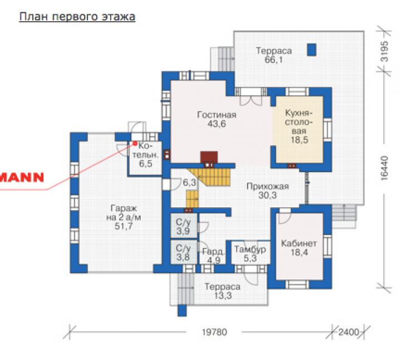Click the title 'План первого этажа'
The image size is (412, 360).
(77, 17)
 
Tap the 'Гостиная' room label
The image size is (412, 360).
(217, 115)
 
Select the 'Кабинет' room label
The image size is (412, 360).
(299, 243)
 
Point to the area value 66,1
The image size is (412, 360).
(274, 60)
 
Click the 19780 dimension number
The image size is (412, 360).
(214, 332)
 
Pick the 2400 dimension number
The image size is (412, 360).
(349, 332)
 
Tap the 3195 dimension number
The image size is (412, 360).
(384, 51)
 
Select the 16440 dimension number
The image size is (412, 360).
(384, 168)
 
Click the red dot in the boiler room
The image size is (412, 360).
(135, 143)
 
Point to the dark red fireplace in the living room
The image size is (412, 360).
(209, 157)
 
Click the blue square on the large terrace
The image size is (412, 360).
(312, 50)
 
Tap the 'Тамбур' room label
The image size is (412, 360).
(250, 249)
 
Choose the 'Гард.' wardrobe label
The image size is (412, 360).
(213, 252)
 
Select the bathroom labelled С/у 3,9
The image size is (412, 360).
(183, 227)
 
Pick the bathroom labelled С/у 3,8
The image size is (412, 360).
(183, 252)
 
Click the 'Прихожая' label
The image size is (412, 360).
(268, 187)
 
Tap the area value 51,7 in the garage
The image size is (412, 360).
(124, 226)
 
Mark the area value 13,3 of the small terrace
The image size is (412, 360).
(223, 295)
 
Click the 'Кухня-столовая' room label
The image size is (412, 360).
(299, 122)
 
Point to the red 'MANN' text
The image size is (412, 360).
(22, 178)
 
